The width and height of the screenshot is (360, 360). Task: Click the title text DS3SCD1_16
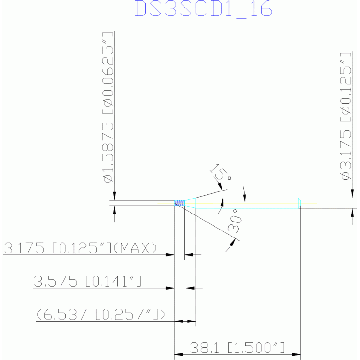click(x=204, y=9)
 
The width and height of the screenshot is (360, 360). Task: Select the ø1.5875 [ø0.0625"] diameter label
click(x=108, y=107)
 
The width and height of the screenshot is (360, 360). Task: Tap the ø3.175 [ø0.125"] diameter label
click(x=345, y=116)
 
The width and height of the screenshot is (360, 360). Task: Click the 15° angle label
click(x=221, y=172)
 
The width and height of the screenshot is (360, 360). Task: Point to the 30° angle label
click(x=235, y=221)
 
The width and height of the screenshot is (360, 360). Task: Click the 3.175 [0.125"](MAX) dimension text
click(x=80, y=248)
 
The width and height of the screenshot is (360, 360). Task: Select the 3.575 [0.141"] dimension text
click(x=87, y=281)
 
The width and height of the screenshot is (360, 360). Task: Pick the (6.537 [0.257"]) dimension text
click(x=101, y=314)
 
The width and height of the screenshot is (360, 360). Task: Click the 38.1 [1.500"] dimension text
click(x=237, y=348)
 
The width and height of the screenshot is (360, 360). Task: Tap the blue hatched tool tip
click(x=180, y=203)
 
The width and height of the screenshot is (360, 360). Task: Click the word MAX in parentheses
click(x=135, y=248)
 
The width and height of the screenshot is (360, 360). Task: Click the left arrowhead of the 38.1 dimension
click(x=178, y=354)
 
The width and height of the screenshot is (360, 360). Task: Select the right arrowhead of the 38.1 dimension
click(x=297, y=354)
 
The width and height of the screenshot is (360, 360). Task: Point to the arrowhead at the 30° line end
click(x=233, y=243)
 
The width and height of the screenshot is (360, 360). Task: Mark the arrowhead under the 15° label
click(x=221, y=186)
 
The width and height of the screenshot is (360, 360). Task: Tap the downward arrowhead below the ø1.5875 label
click(x=115, y=196)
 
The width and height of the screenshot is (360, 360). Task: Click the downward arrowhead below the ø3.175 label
click(x=352, y=193)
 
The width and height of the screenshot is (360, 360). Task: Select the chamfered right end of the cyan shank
click(x=299, y=203)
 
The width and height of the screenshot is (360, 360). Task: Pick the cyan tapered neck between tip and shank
click(x=191, y=203)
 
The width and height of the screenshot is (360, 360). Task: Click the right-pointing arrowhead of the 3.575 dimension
click(x=170, y=288)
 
